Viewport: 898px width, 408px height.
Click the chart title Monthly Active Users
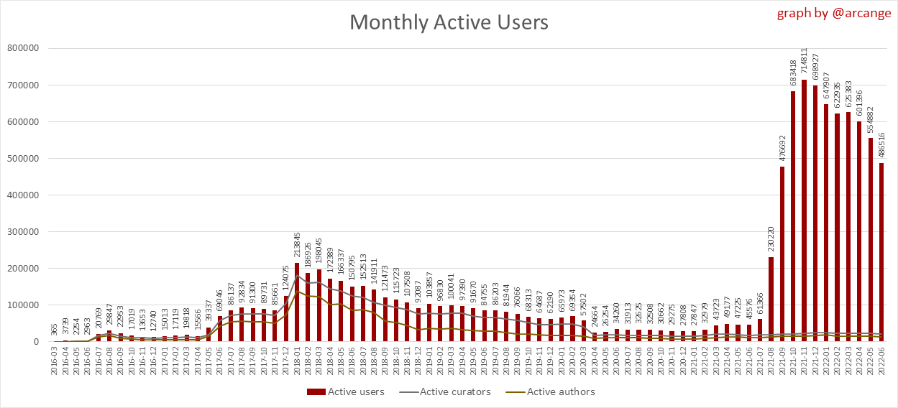(x=449, y=22)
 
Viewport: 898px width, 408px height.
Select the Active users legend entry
(x=346, y=391)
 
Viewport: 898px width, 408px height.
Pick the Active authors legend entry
(x=553, y=391)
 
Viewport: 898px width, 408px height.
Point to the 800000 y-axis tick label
(x=22, y=48)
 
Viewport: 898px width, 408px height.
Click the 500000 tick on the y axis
(x=22, y=158)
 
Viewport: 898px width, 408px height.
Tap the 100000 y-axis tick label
(x=22, y=305)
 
